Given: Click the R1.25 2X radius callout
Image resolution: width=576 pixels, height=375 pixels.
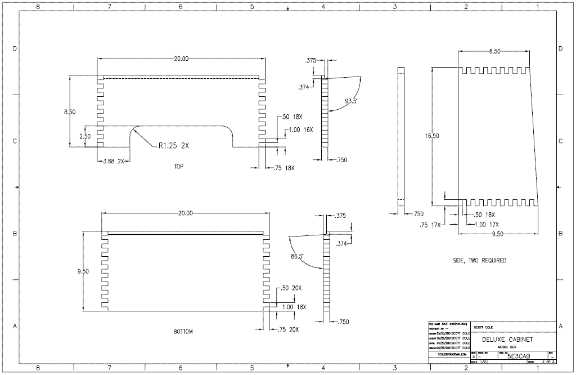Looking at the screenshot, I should [173, 146].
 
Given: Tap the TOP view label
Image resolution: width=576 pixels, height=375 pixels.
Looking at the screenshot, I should [178, 167].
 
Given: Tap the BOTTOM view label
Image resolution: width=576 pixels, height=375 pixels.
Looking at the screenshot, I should [183, 332].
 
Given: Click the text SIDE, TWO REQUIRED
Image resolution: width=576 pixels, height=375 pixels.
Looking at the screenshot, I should [479, 261].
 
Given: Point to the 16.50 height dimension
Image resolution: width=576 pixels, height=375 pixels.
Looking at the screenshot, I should [433, 136].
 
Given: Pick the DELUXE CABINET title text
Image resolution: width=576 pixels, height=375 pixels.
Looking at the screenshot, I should [507, 340].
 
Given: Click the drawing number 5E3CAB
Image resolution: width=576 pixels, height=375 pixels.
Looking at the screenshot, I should [519, 356].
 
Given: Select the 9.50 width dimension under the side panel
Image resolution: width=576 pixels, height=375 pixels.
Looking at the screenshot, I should [498, 234].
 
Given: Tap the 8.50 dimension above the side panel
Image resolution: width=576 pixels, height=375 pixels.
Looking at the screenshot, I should [494, 51].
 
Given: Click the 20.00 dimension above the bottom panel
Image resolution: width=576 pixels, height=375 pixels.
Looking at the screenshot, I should [185, 213].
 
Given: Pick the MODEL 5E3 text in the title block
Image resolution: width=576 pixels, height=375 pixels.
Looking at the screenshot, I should [507, 347].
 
